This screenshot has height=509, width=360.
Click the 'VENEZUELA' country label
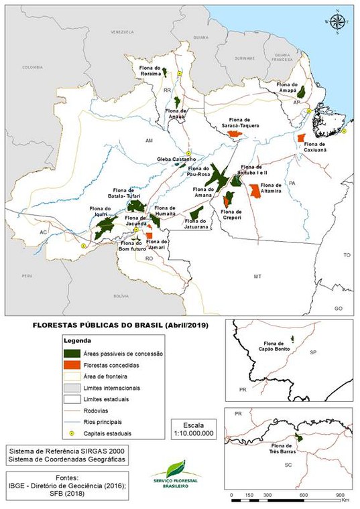pyautogui.click(x=123, y=32)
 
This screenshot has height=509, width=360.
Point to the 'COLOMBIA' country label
pyautogui.click(x=32, y=68)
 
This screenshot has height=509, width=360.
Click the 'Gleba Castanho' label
pyautogui.click(x=176, y=159)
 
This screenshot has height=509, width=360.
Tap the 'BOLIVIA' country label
pyautogui.click(x=121, y=295)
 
